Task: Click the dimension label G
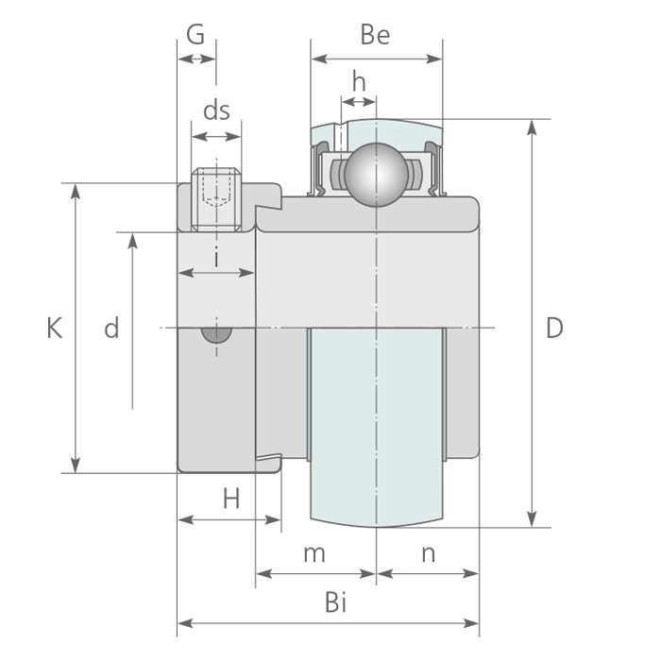coord(195,35)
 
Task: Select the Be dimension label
coord(375,35)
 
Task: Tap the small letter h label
coord(359,82)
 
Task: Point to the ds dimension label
coord(217,110)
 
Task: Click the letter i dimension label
coord(217,256)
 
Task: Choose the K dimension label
coord(55,328)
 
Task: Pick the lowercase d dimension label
coord(111,329)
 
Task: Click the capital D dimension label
coord(554,328)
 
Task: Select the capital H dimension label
coord(231,499)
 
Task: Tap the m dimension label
coord(314,553)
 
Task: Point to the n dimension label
coord(428,553)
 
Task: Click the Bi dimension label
coord(335,602)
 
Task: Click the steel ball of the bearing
coord(375,173)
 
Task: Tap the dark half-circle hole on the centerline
coord(216,334)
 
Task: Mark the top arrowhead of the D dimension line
coord(534,126)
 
